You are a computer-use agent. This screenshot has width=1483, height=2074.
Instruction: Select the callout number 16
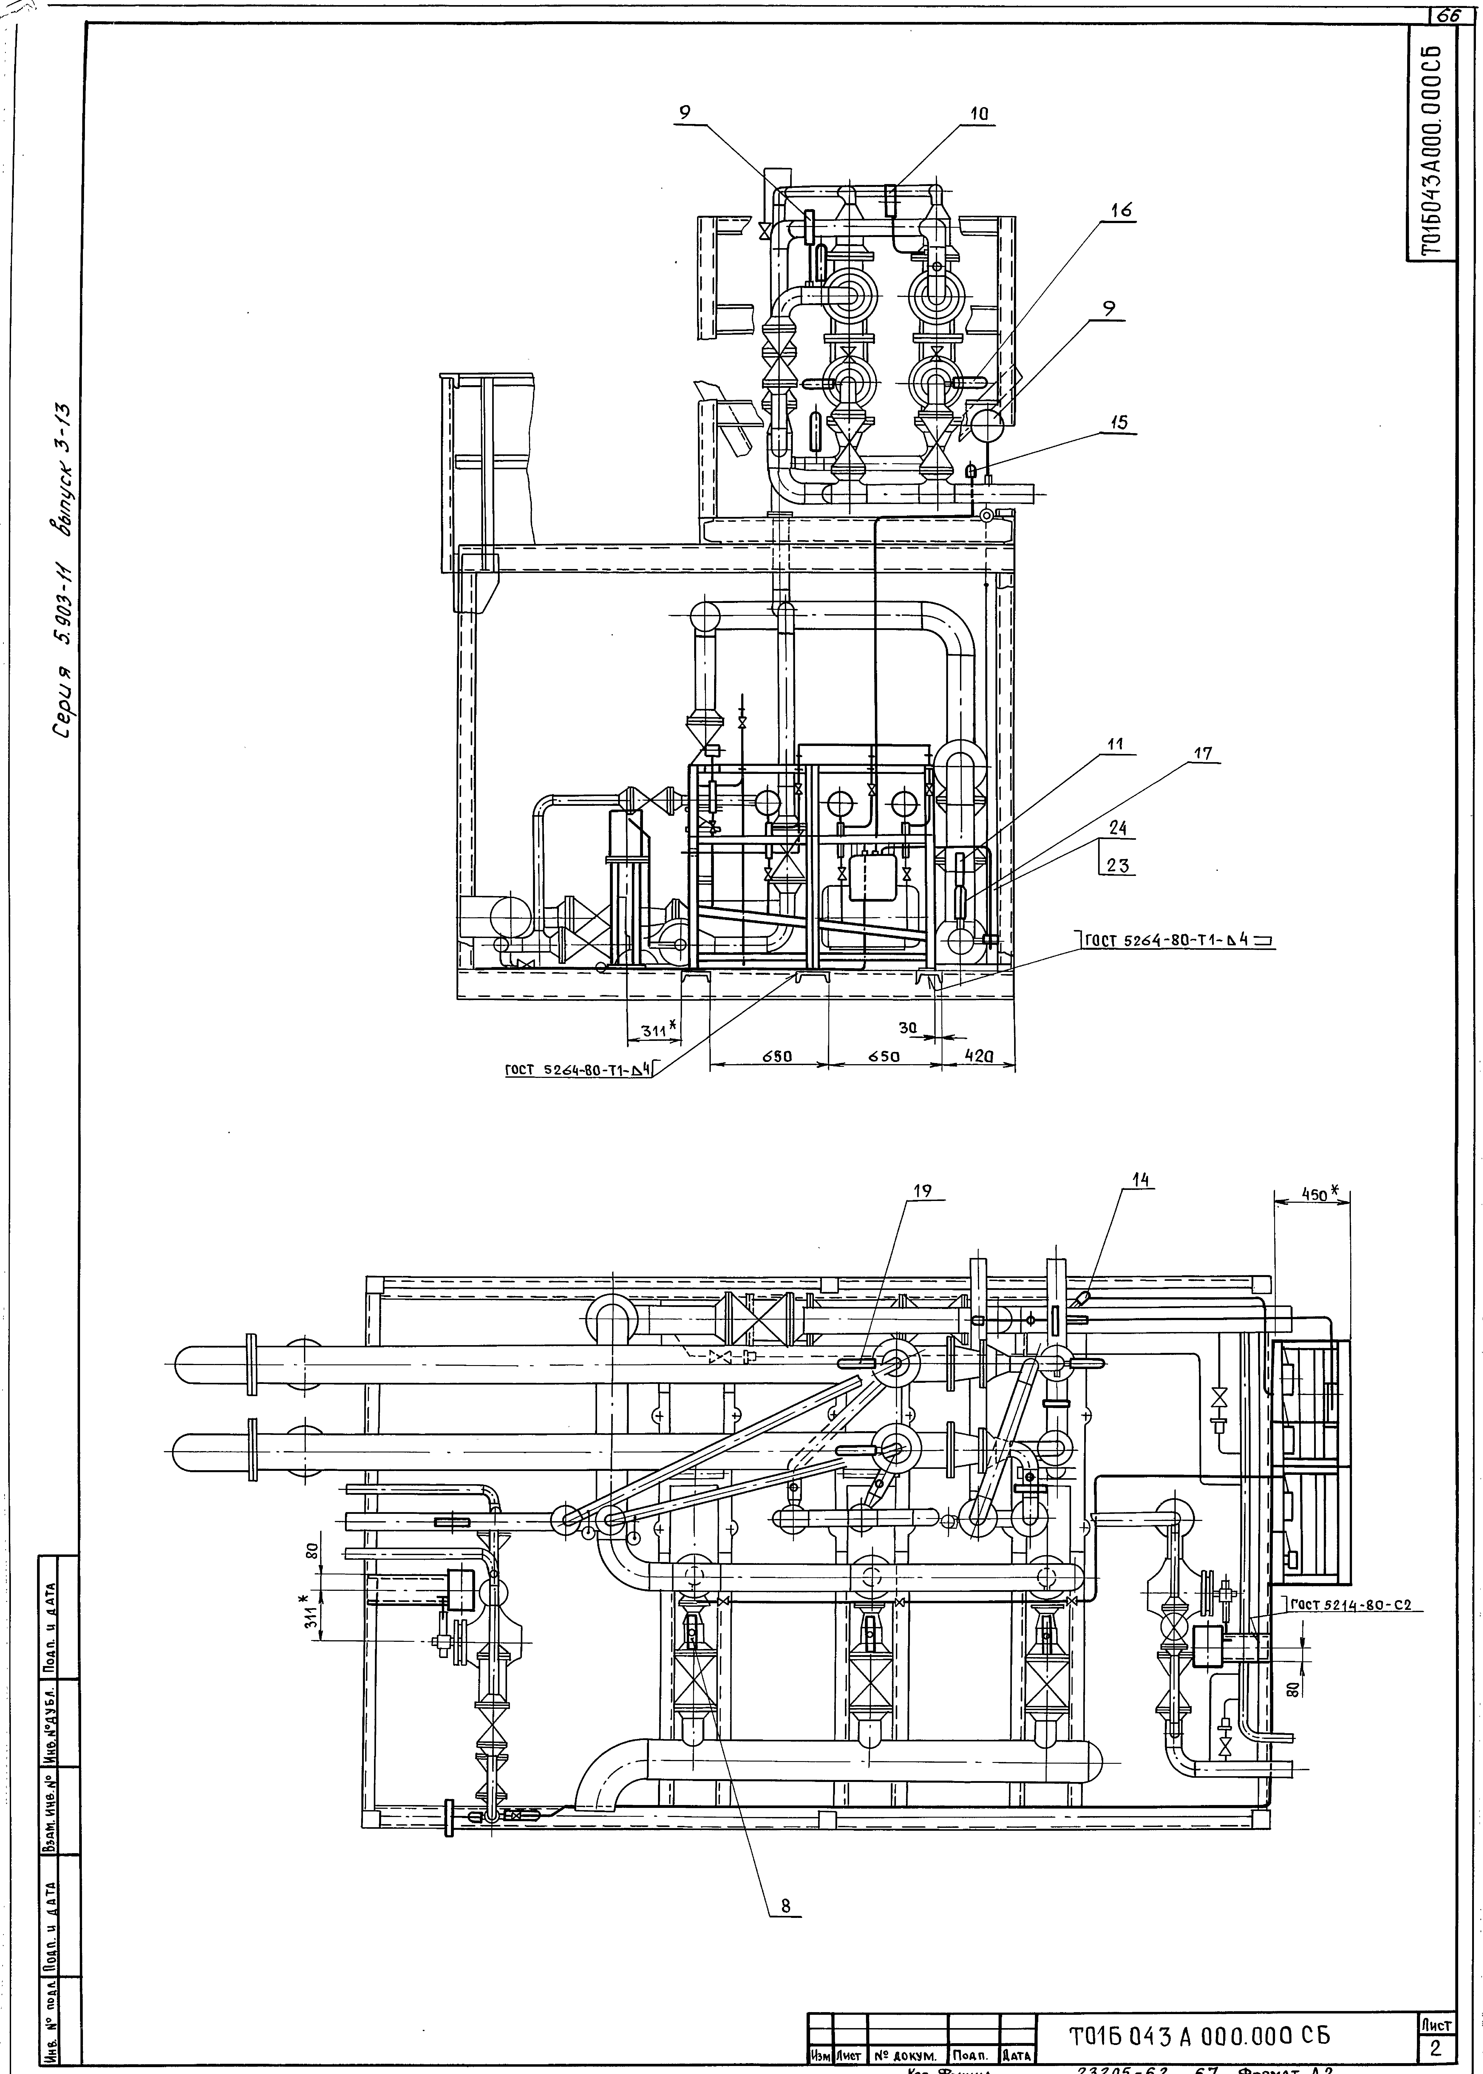click(x=1121, y=210)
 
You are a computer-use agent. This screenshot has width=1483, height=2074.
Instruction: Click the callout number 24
click(x=1118, y=829)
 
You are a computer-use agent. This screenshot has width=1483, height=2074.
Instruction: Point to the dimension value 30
click(x=907, y=1027)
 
